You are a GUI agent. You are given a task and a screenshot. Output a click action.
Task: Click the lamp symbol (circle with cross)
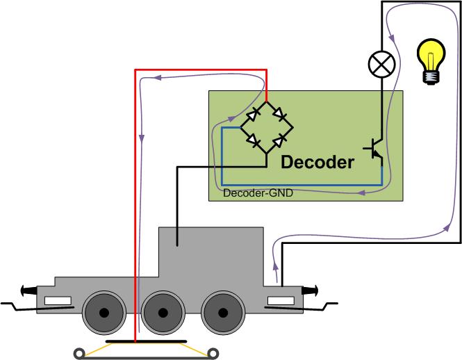[x=381, y=65]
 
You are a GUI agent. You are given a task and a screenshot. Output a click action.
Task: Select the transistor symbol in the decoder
[x=373, y=149]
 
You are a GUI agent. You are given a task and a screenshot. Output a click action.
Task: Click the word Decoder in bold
[x=317, y=163]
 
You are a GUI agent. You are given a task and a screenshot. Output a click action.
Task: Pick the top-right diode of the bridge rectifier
[x=279, y=112]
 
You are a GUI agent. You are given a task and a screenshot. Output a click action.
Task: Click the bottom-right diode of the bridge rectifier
[x=279, y=142]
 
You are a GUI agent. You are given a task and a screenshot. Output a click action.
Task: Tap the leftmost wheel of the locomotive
[x=104, y=313]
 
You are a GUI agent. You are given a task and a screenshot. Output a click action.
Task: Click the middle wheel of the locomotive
[x=163, y=313]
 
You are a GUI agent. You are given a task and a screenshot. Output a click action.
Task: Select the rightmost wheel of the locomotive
[x=224, y=313]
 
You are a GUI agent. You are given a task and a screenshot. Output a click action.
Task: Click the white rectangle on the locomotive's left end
[x=58, y=302]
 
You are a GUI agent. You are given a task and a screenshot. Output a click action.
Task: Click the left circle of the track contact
[x=82, y=353]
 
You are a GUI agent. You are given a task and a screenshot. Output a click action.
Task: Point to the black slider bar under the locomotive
[x=147, y=342]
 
